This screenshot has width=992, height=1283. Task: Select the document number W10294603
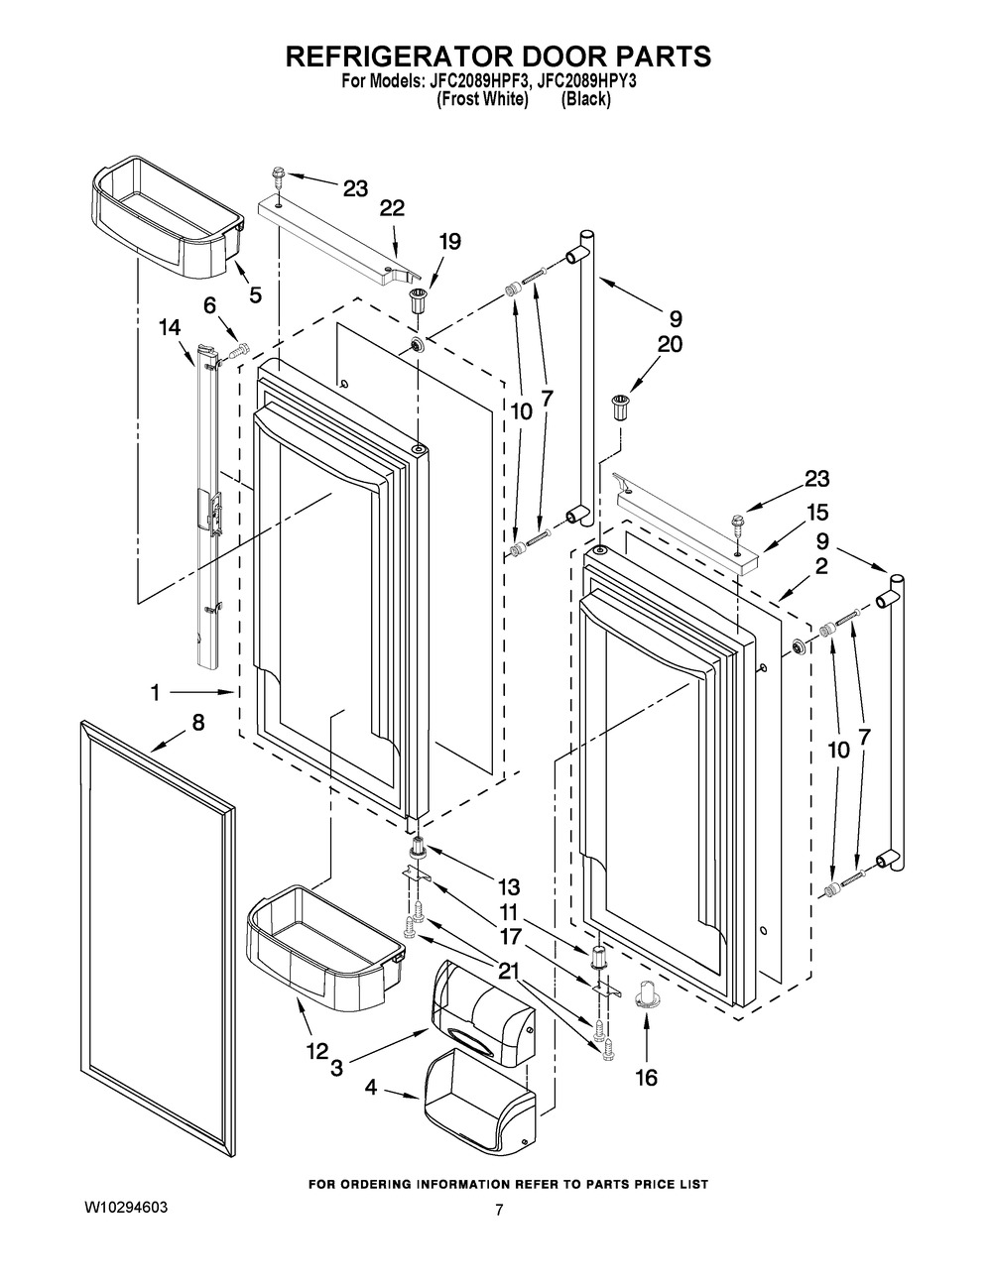pyautogui.click(x=125, y=1209)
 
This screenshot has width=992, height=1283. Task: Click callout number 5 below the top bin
pyautogui.click(x=255, y=294)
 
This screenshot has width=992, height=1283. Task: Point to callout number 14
pyautogui.click(x=170, y=324)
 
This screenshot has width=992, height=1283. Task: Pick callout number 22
pyautogui.click(x=392, y=207)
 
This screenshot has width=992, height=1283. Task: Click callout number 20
pyautogui.click(x=670, y=344)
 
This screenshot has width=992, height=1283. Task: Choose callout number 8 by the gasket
pyautogui.click(x=198, y=723)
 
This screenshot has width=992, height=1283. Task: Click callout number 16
pyautogui.click(x=645, y=1078)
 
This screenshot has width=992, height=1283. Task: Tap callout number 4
pyautogui.click(x=370, y=1088)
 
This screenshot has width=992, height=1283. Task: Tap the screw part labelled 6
pyautogui.click(x=238, y=350)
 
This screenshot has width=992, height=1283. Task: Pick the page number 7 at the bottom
pyautogui.click(x=499, y=1209)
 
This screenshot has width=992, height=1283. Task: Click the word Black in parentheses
pyautogui.click(x=586, y=99)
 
